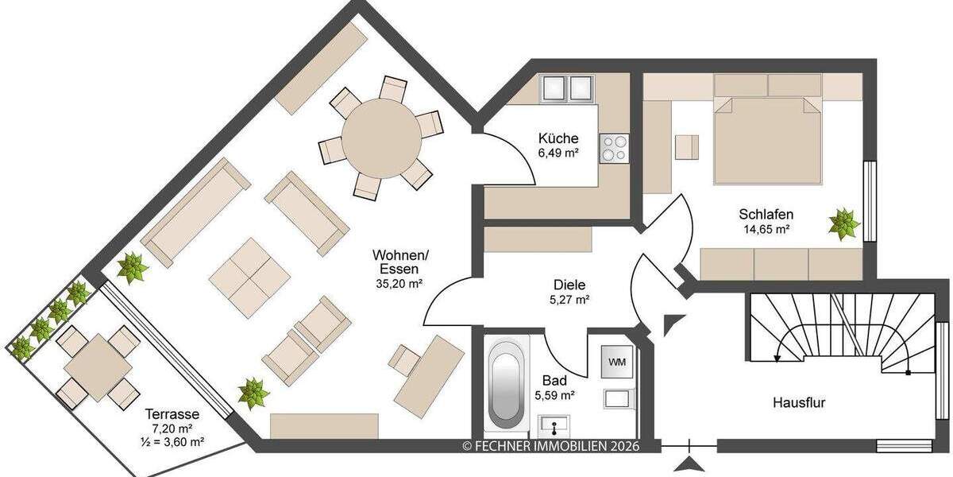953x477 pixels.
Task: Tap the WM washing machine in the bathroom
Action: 616,362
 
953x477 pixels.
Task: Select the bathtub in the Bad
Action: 506,388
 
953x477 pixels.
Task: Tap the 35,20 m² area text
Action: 400,282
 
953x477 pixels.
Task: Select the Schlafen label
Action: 766,214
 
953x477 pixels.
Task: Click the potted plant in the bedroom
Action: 843,223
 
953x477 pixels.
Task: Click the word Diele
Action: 569,285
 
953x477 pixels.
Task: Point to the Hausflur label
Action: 799,403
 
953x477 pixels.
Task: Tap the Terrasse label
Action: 172,414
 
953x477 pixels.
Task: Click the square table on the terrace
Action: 96,367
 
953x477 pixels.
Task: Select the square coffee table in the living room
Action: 249,277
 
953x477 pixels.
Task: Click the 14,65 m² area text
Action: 766,229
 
